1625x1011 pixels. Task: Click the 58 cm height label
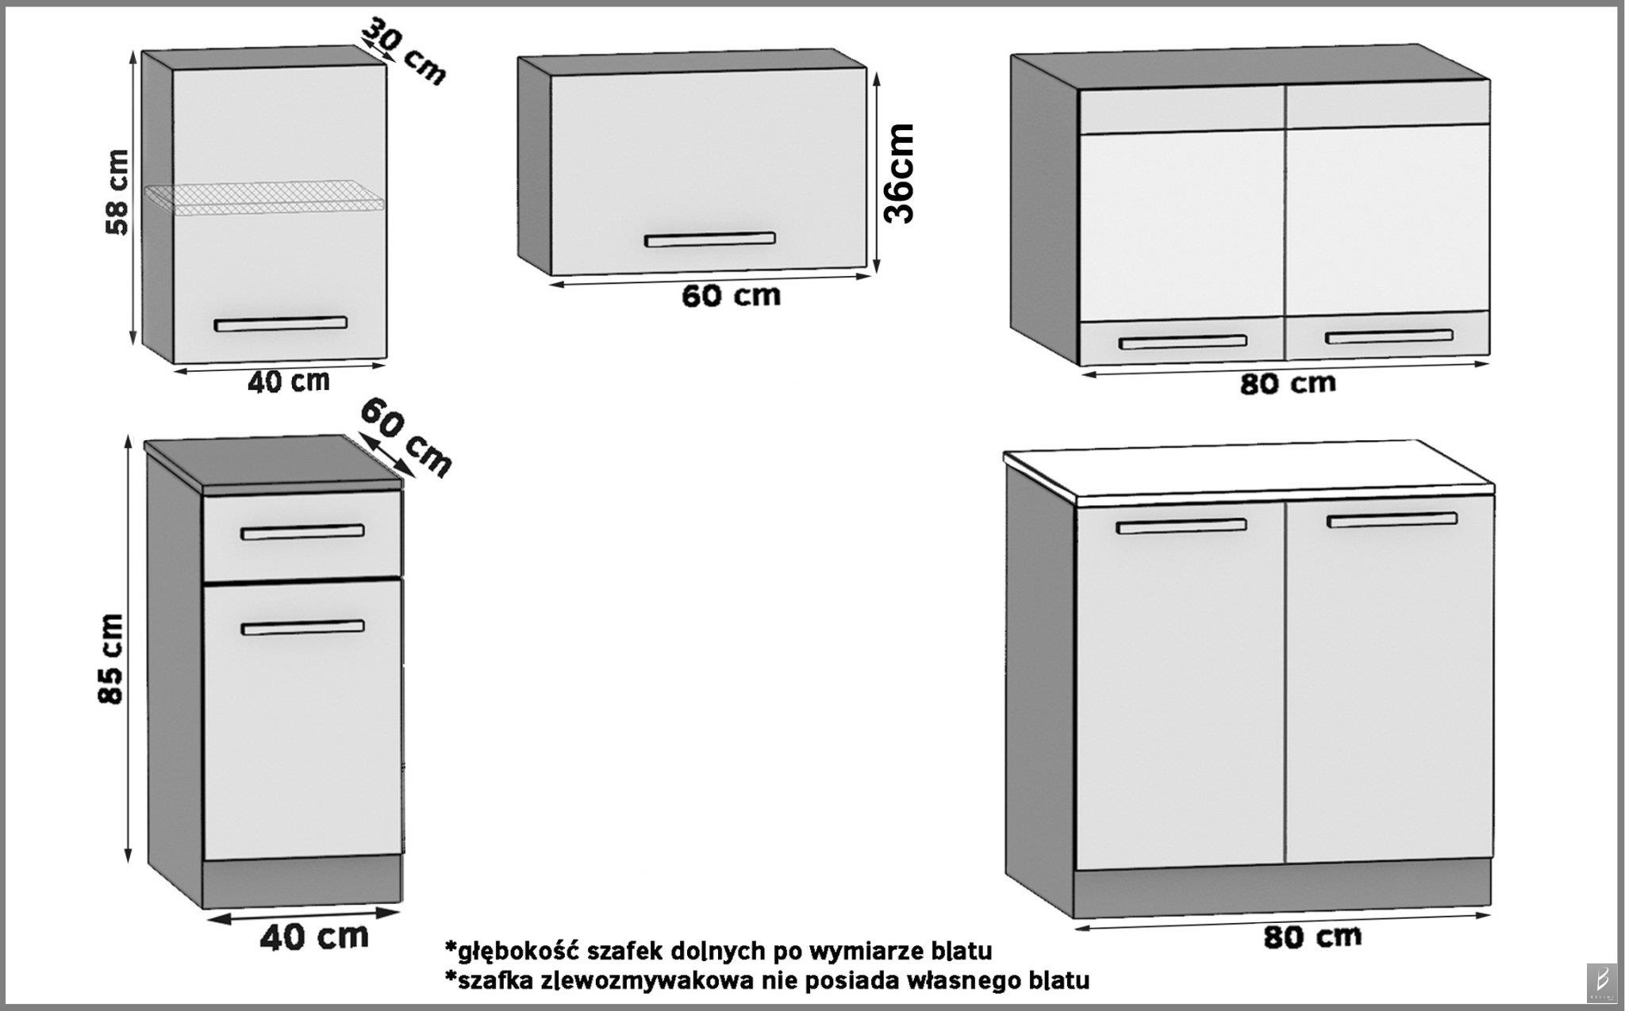[x=117, y=192]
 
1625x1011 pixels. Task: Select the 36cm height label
[x=901, y=173]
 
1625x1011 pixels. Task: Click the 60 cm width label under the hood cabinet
[x=731, y=296]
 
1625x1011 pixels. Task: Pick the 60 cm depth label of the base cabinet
[x=405, y=438]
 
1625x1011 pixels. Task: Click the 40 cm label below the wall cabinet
[x=288, y=382]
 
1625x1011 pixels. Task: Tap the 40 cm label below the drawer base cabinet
[x=314, y=936]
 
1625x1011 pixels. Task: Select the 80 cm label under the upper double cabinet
[x=1287, y=384]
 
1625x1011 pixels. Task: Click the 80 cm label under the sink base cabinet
[x=1312, y=936]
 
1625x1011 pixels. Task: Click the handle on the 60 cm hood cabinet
[x=709, y=239]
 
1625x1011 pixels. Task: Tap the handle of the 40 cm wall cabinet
[x=280, y=324]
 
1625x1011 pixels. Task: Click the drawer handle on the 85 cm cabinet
[x=302, y=532]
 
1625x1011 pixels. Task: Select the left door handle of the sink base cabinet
[x=1181, y=526]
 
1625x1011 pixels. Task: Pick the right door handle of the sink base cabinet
[x=1392, y=520]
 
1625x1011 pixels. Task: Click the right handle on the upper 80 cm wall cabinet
[x=1389, y=337]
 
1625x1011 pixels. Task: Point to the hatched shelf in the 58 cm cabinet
[x=266, y=197]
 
